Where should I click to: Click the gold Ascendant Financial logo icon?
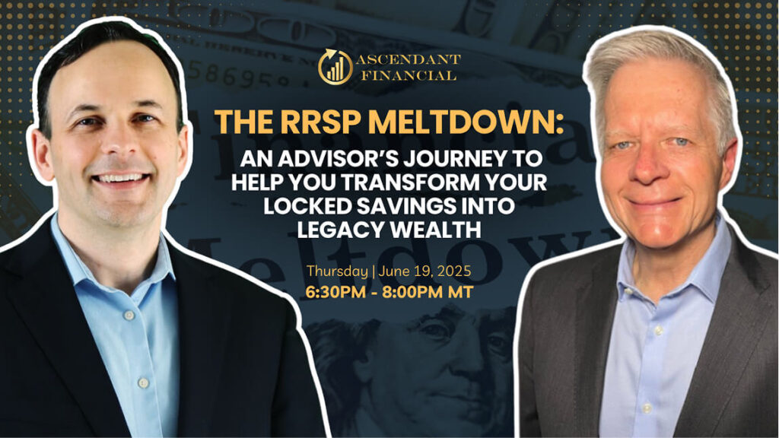tap(335, 67)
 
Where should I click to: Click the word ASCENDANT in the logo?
tap(408, 59)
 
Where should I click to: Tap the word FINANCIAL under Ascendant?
tap(409, 75)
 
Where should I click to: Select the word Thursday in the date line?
tap(337, 271)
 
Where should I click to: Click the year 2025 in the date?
tap(455, 271)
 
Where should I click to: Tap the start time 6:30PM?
tap(335, 292)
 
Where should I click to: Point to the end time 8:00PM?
tap(413, 292)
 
